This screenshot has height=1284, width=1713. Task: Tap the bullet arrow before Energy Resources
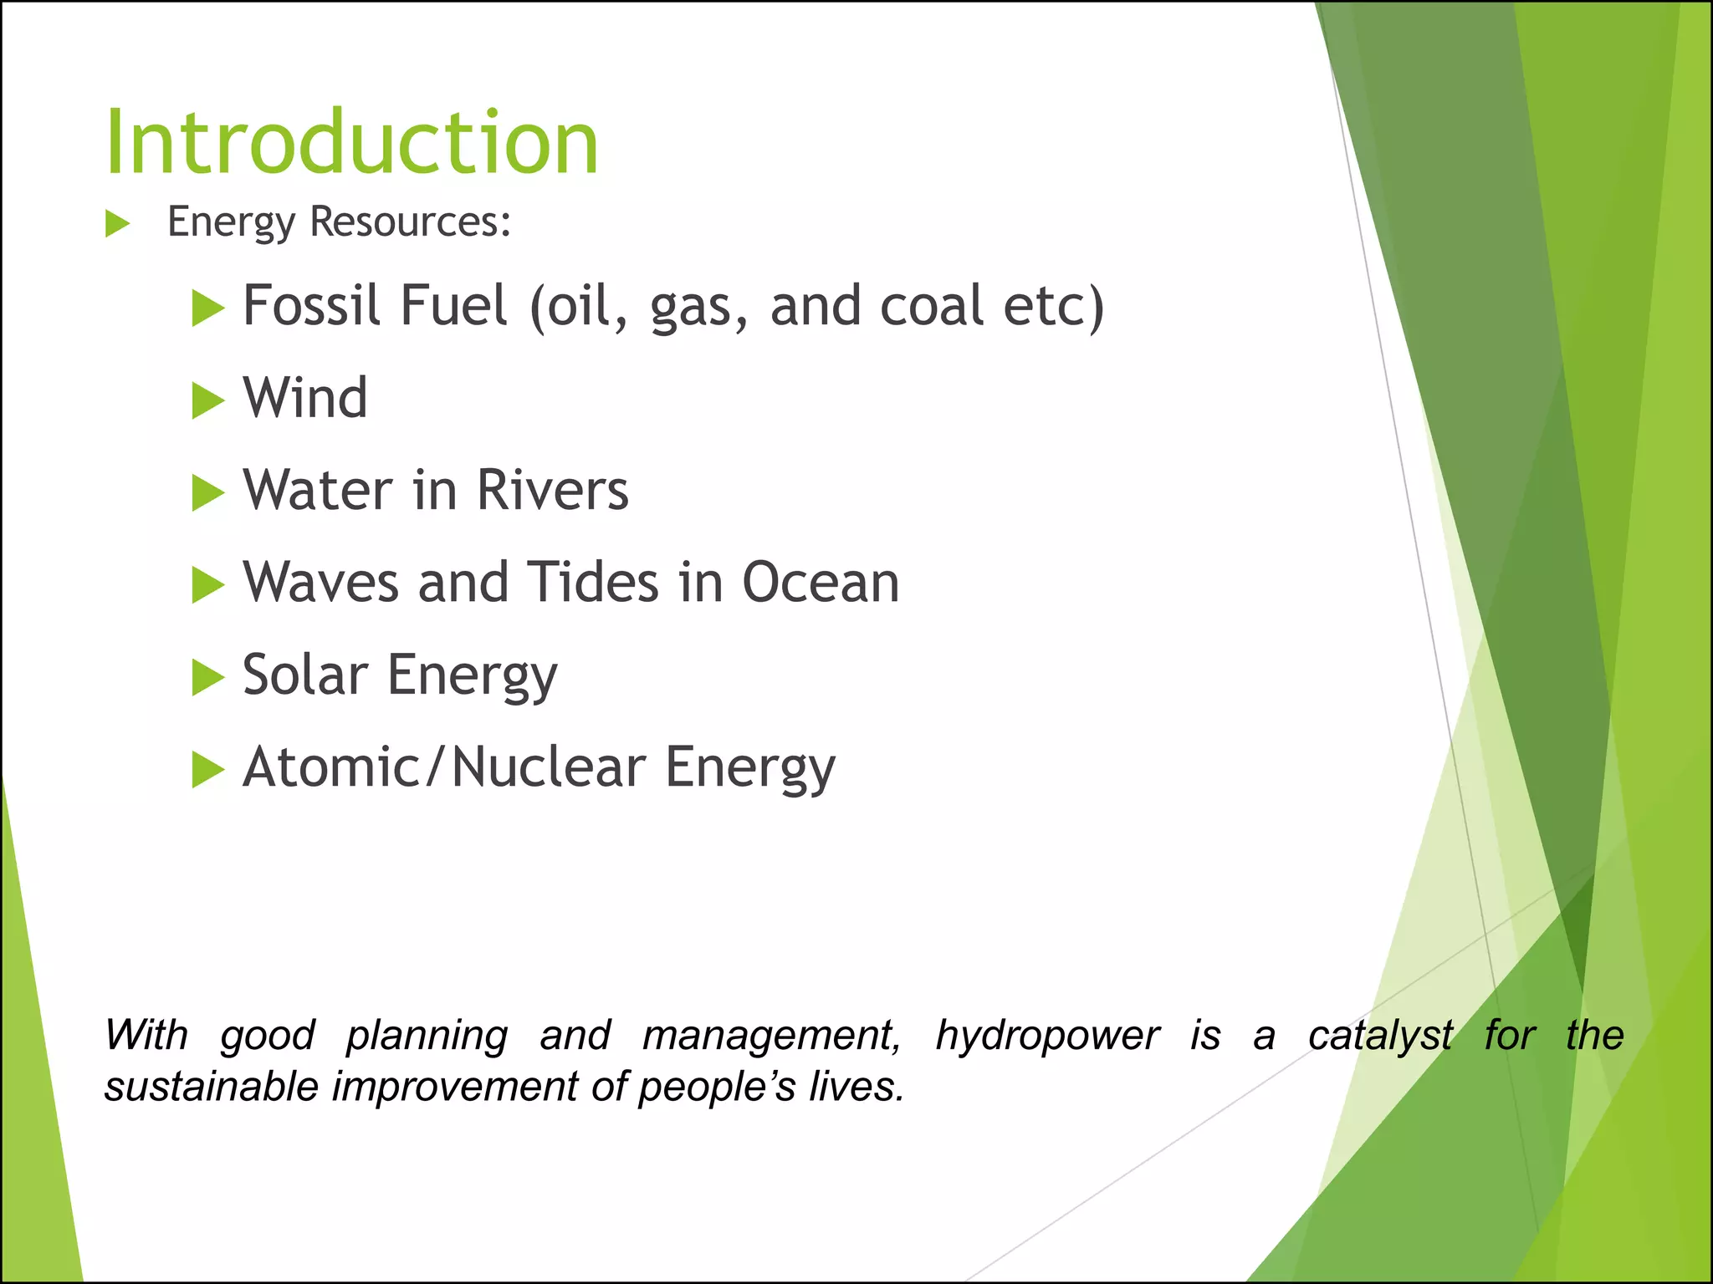[118, 224]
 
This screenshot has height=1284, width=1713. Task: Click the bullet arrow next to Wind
[207, 400]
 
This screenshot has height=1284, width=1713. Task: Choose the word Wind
[305, 398]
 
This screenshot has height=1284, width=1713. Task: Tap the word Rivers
[552, 491]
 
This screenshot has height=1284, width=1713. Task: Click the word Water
[318, 491]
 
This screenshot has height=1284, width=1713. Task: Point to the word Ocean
[821, 583]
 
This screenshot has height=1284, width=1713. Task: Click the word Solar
[305, 675]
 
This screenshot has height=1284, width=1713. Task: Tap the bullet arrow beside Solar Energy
[207, 677]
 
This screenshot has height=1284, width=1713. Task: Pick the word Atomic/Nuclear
[444, 767]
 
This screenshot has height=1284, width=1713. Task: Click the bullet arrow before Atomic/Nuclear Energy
[207, 770]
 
